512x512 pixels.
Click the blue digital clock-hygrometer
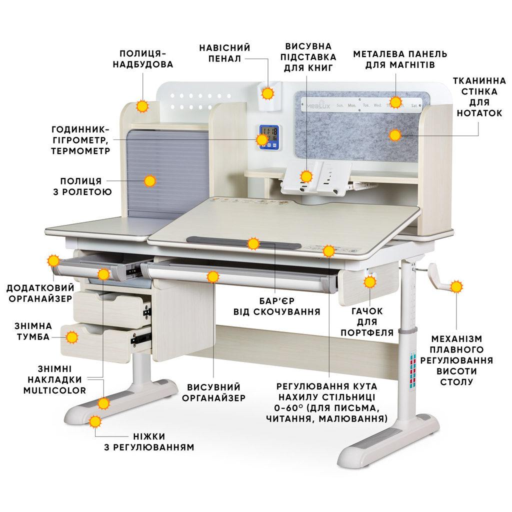coord(269,137)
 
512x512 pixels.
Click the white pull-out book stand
coord(316,178)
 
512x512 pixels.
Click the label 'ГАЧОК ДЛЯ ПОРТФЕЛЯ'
coord(367,321)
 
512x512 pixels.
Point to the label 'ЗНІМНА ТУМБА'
coord(33,331)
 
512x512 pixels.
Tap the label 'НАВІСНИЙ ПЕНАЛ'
coord(224,53)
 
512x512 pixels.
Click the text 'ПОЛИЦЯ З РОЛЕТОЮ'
coord(82,186)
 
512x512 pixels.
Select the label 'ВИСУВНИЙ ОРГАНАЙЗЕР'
coord(214,392)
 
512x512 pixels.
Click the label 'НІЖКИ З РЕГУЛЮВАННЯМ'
coord(149,441)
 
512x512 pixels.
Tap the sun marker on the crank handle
coord(456,286)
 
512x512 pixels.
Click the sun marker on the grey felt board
coord(395,135)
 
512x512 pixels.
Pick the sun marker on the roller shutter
coord(150,180)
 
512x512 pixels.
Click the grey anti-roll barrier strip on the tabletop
coord(244,243)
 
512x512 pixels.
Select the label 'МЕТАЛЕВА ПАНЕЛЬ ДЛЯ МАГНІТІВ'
coord(400,59)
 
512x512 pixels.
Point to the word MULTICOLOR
coord(54,390)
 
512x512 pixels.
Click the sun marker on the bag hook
coord(370,282)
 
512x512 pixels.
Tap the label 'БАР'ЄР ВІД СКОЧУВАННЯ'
coord(276,306)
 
